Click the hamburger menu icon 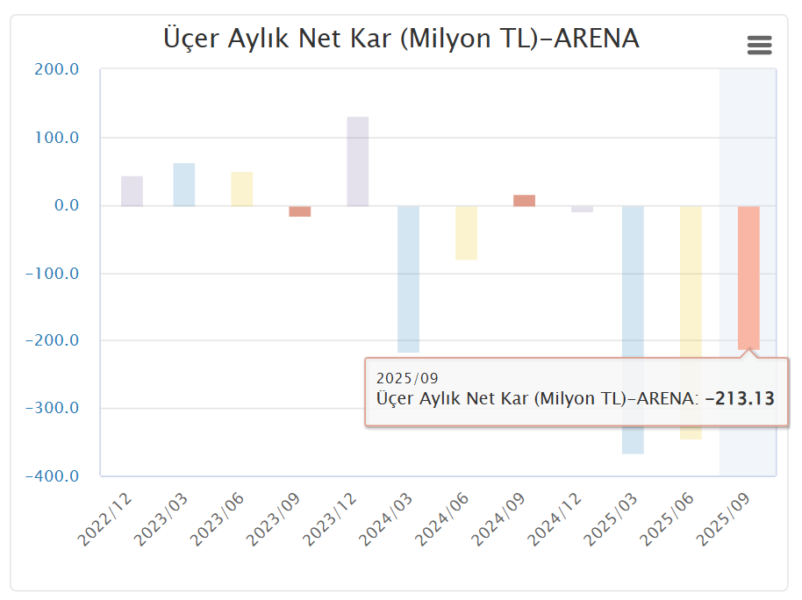point(759,46)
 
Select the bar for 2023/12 point(358,161)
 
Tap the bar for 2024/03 point(409,279)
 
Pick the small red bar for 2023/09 point(300,211)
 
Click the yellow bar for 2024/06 point(466,232)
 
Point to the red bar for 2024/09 point(524,201)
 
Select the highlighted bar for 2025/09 point(748,277)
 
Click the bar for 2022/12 point(132,191)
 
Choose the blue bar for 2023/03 point(184,184)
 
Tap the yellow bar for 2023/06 point(242,189)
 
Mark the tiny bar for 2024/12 point(582,209)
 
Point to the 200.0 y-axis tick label point(58,69)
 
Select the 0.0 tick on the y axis point(63,205)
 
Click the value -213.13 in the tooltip point(740,398)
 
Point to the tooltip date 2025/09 point(406,378)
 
